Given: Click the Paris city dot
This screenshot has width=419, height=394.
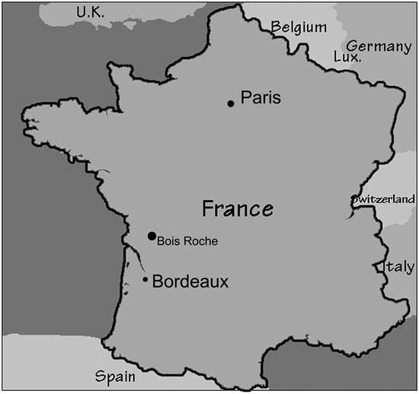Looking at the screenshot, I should click(231, 103).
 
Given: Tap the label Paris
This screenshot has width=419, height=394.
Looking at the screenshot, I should click(261, 98).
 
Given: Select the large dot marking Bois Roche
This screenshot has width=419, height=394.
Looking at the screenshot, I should click(152, 236).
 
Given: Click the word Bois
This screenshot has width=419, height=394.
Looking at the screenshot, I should click(168, 242).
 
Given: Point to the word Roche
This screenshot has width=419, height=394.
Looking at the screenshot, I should click(200, 242).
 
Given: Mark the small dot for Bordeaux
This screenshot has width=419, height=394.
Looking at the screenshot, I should click(146, 279).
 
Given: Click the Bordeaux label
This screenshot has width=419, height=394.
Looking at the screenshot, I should click(190, 281).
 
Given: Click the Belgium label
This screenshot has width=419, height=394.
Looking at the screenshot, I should click(299, 28).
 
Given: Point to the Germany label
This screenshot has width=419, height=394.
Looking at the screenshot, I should click(379, 46).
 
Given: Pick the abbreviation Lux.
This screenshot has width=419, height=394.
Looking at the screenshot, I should click(347, 57).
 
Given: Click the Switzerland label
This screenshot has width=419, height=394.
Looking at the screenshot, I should click(382, 199).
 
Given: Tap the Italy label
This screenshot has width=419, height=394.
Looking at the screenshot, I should click(398, 267).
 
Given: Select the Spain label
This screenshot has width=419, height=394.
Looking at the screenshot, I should click(115, 377).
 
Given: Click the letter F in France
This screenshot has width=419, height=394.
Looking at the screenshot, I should click(208, 208).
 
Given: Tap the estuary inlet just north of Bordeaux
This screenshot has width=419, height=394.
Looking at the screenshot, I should click(132, 249).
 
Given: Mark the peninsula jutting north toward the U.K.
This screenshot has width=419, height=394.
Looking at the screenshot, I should click(114, 68).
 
